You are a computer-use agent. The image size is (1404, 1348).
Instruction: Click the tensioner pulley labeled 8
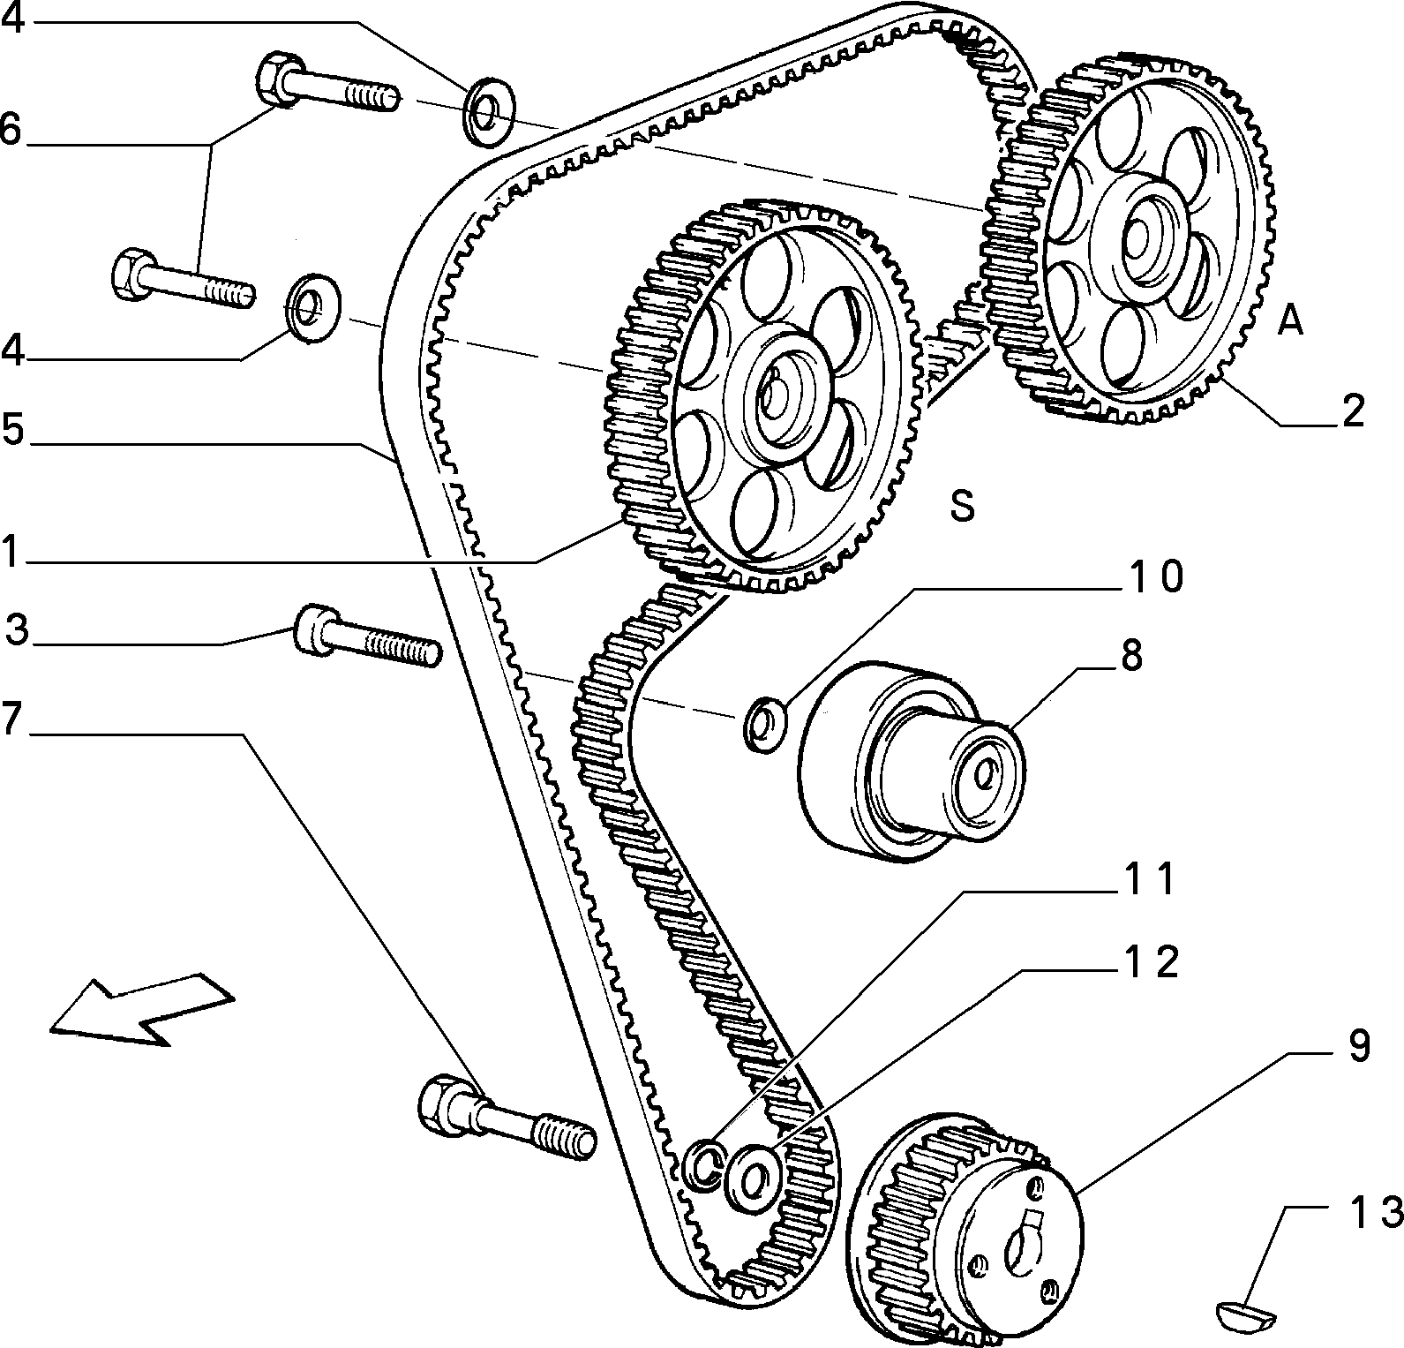coord(911,759)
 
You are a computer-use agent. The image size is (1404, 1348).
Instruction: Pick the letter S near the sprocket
coord(962,506)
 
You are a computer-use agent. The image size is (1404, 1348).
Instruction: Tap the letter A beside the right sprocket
coord(1290,320)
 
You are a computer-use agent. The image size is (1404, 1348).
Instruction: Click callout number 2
coord(1352,410)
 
